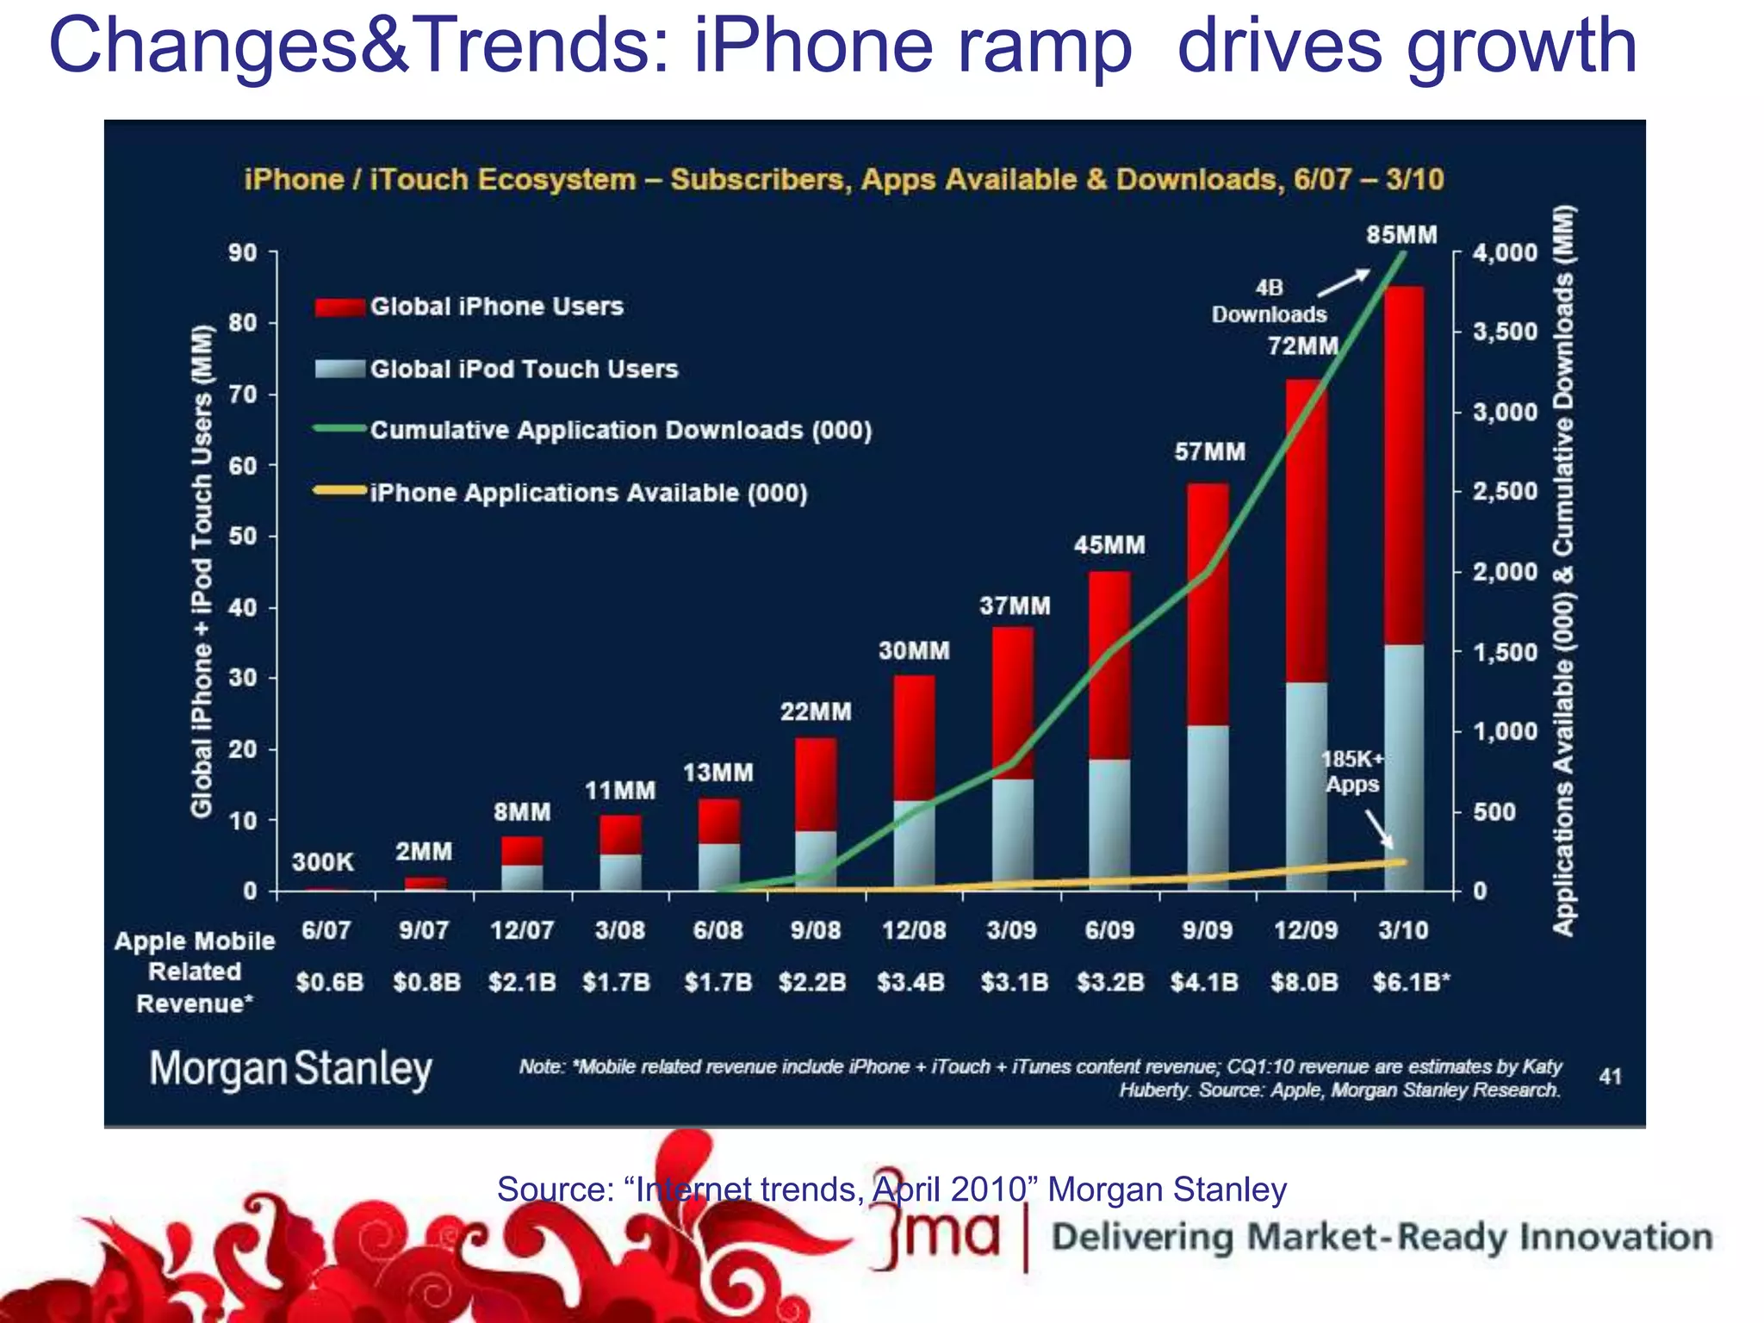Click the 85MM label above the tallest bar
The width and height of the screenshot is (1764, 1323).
tap(1401, 235)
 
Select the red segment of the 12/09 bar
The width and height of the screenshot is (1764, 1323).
tap(1305, 530)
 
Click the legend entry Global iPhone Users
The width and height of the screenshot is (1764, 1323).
tap(496, 307)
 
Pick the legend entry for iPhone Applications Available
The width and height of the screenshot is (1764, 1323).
tap(588, 493)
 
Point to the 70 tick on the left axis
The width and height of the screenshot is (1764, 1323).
tap(243, 394)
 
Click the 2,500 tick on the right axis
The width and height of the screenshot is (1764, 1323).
tap(1505, 492)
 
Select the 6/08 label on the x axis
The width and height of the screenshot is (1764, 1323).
tap(717, 930)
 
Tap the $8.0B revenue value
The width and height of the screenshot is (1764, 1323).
tap(1304, 982)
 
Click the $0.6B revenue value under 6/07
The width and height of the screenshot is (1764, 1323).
tap(329, 982)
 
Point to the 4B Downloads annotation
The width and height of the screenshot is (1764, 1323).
tap(1269, 301)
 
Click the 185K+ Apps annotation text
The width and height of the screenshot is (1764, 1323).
tap(1352, 772)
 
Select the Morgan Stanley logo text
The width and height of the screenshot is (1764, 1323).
tap(290, 1069)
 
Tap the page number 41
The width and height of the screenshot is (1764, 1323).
tap(1610, 1076)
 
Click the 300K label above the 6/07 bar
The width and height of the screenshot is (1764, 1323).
tap(323, 861)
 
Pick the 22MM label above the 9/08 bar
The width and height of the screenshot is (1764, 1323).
tap(816, 711)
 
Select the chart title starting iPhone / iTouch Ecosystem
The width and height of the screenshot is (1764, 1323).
tap(843, 179)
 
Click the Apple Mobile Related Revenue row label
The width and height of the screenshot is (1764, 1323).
tap(195, 972)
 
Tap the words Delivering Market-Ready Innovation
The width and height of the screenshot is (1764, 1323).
tap(1381, 1238)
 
